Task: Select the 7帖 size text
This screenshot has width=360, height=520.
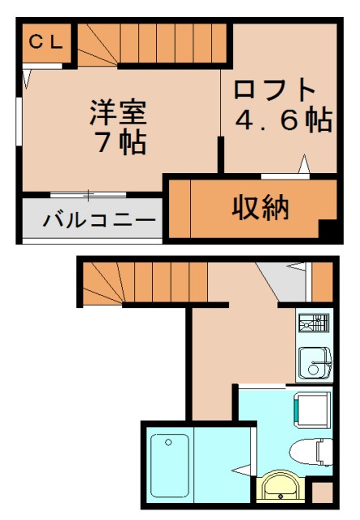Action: point(118,144)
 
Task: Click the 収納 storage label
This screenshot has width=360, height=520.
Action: point(261,209)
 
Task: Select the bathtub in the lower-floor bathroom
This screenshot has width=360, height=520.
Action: point(170,468)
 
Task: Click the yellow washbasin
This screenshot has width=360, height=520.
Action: point(280,489)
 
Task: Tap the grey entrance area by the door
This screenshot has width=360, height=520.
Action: point(280,280)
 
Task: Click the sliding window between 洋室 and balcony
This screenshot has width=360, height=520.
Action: point(88,194)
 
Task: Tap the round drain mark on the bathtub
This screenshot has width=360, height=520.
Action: point(167,443)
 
